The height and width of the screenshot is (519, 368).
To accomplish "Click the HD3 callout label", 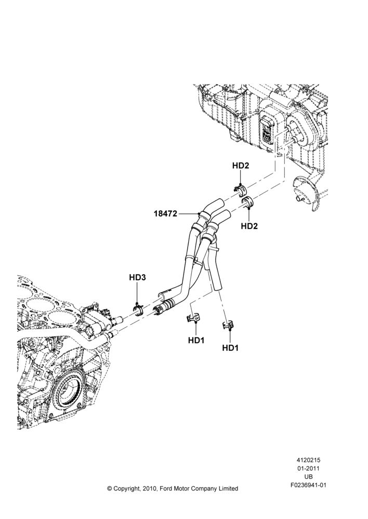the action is point(137,277).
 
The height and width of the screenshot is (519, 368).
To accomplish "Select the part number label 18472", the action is point(165,213).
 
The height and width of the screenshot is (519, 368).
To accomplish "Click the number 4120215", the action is point(308,460).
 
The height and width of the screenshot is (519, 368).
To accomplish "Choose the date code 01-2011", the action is point(308,468).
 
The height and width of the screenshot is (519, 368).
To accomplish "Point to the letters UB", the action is point(308,477).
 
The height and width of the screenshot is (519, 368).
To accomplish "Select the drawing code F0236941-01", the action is point(308,485).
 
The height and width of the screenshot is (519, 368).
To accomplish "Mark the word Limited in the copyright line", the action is point(228,488).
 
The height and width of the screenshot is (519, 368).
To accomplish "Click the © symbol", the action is point(110,488).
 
